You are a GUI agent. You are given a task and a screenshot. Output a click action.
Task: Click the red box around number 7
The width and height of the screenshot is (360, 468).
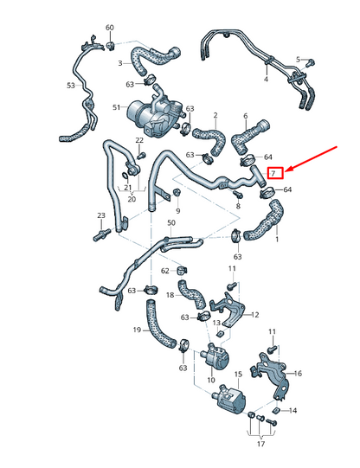click(x=275, y=173)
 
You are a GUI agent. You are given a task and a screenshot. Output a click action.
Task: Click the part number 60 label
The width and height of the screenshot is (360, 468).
click(x=110, y=28)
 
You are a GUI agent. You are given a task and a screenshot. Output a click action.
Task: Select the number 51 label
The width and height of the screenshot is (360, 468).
click(x=117, y=107)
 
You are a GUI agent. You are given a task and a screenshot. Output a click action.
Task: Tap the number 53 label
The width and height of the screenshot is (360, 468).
click(x=71, y=86)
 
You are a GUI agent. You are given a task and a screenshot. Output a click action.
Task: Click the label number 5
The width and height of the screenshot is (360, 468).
click(x=298, y=60)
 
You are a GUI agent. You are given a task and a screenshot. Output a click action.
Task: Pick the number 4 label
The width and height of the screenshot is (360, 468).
click(x=266, y=79)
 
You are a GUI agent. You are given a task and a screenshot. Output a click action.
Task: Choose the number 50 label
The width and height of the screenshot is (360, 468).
click(x=171, y=222)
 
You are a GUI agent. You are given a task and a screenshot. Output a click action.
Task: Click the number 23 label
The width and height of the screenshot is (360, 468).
click(x=101, y=215)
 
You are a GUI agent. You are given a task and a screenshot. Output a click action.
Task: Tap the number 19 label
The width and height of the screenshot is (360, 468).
click(x=137, y=330)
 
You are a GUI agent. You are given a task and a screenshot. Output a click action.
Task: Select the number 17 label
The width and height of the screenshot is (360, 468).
click(x=260, y=444)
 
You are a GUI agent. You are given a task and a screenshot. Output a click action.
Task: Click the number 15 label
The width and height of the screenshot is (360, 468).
click(x=238, y=375)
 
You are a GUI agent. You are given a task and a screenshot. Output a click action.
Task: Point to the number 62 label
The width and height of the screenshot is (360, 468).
click(x=165, y=271)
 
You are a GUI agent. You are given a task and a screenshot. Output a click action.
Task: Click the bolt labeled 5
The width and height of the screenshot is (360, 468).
click(x=311, y=62)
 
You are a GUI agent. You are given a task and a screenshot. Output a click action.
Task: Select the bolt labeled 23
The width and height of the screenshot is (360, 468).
click(x=102, y=234)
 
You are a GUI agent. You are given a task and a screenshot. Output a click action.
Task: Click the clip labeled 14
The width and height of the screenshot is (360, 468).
click(x=276, y=411)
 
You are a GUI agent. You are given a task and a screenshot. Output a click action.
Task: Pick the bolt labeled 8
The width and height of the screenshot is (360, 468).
click(x=239, y=196)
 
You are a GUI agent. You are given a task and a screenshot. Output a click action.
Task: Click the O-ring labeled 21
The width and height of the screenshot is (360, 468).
click(x=125, y=175)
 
